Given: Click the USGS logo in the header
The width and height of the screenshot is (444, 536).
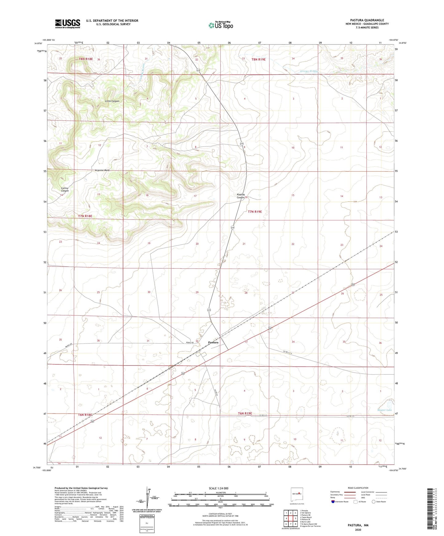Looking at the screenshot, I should click(68, 24).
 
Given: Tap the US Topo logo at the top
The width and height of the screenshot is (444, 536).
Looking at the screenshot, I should click(221, 25).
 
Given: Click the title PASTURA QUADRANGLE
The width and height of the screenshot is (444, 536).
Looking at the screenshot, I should click(367, 20).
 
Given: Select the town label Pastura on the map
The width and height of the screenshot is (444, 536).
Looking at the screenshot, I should click(213, 342).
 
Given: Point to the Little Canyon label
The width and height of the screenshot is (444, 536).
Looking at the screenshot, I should click(112, 101).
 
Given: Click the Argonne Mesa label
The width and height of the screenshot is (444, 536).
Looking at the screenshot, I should click(102, 170).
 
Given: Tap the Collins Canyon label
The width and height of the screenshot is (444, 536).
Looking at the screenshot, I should click(65, 189).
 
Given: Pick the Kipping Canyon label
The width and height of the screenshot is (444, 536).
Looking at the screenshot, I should click(241, 196).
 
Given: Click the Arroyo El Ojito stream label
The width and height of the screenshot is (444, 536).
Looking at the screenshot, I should click(309, 71).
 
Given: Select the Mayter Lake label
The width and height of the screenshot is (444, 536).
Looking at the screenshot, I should click(384, 410).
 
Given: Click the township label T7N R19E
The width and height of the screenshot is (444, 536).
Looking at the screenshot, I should click(255, 212).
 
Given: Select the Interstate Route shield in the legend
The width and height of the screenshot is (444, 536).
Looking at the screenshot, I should click(333, 502).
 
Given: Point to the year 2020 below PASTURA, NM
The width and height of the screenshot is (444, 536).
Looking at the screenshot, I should click(358, 530).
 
